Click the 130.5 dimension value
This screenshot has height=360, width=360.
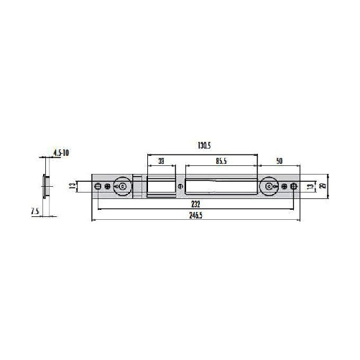[x=203, y=146]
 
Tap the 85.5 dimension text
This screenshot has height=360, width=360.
[x=221, y=162]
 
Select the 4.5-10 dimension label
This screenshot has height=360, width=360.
[x=61, y=153]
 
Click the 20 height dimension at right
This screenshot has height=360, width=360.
[x=323, y=187]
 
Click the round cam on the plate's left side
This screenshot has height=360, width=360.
[x=122, y=187]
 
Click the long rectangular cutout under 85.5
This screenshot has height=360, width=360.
[x=220, y=186]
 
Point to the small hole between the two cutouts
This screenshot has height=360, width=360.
[x=180, y=187]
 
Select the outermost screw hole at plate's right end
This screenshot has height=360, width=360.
[x=294, y=187]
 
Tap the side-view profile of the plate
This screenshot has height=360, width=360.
[x=46, y=186]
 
